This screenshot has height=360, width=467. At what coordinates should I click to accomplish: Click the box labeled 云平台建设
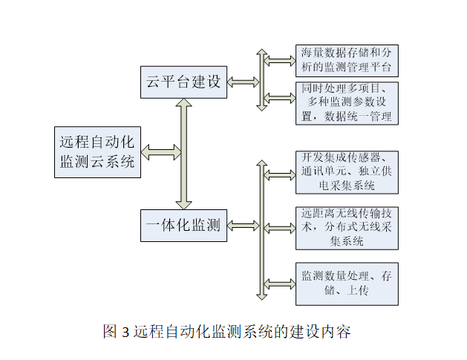coord(184,82)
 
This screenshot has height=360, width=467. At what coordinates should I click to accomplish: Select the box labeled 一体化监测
coord(184,226)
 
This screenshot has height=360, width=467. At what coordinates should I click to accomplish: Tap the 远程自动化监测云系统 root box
coord(98,152)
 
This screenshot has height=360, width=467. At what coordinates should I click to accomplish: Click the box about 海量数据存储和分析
coord(347,61)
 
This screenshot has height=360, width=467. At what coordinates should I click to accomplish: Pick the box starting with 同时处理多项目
coord(347,102)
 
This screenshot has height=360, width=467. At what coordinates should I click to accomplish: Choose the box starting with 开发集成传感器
coord(347,171)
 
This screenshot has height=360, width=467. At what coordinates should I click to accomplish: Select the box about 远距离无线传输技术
coord(347,226)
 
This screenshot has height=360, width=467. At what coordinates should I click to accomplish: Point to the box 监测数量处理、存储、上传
coord(347,283)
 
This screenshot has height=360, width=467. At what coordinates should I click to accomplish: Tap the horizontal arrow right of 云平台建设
coord(243,82)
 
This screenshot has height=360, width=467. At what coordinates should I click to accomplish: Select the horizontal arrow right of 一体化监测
coord(243,226)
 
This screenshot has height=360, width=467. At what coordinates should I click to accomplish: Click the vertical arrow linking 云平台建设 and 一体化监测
coord(184,154)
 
